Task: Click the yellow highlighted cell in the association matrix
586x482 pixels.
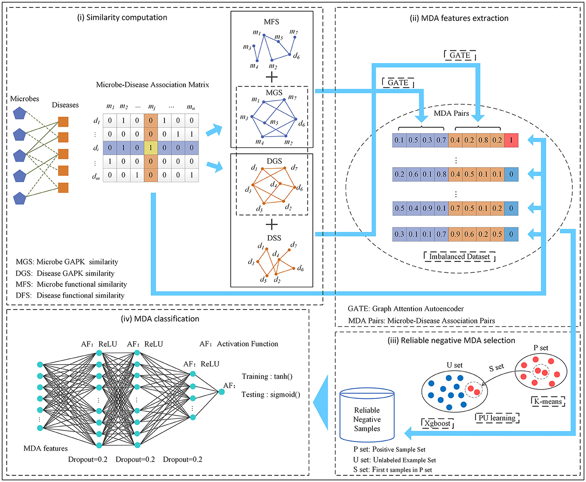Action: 151,148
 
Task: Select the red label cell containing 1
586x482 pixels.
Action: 511,140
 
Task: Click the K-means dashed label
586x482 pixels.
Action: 548,401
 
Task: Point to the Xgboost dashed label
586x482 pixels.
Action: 437,423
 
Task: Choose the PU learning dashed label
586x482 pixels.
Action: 497,418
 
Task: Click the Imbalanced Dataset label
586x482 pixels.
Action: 460,256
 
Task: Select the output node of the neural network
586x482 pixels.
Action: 222,392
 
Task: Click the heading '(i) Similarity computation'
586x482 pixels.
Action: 122,18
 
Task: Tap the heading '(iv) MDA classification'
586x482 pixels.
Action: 160,319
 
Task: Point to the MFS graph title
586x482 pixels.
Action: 272,22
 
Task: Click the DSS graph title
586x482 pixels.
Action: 274,238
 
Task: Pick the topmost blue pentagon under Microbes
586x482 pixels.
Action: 19,113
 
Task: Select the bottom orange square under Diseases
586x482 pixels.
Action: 63,187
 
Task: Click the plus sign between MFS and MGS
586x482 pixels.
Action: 272,77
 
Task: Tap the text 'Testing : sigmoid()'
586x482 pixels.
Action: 271,394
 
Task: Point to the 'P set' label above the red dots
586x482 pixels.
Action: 541,348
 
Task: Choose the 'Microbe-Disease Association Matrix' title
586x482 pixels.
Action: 153,85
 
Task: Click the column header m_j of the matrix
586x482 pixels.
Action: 151,107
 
